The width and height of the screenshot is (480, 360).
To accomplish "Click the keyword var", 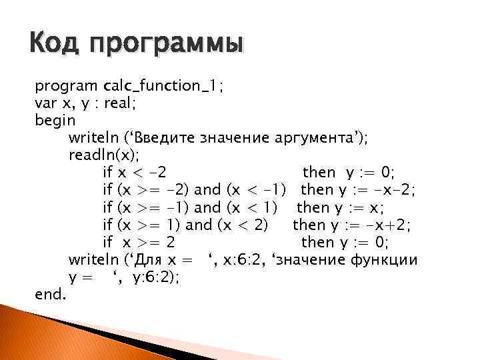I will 45,103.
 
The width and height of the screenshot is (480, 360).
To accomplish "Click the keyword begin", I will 55,121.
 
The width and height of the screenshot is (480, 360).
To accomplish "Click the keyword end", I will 50,293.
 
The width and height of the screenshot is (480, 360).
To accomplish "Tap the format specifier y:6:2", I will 156,277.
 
